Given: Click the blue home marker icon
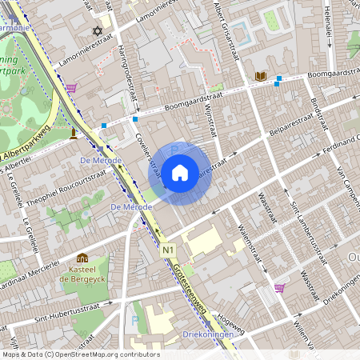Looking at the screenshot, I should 180,172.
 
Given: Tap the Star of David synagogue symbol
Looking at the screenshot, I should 98,31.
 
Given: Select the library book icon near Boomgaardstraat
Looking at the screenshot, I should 260,76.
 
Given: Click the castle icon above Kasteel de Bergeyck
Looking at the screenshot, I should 82,258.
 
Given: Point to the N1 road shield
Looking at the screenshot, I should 167,251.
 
